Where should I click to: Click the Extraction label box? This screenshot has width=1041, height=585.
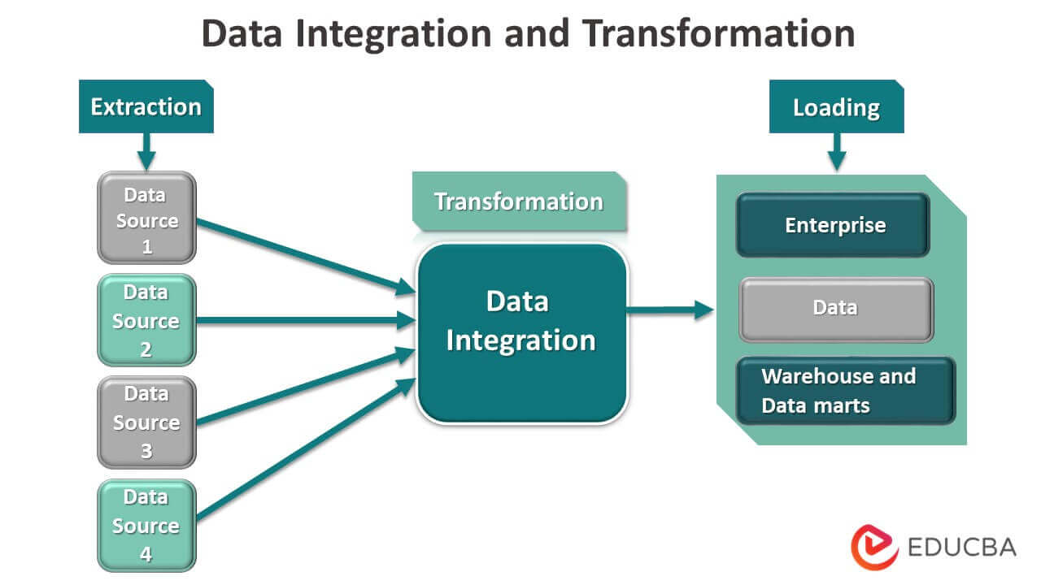146,106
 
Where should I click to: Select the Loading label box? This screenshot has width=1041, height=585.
836,106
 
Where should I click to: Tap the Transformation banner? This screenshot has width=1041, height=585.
519,201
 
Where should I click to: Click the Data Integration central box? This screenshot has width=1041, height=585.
521,333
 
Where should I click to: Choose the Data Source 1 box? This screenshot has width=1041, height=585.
146,218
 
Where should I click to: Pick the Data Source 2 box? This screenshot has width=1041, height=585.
146,320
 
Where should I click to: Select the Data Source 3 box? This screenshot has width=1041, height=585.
146,422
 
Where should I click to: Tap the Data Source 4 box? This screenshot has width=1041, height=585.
146,525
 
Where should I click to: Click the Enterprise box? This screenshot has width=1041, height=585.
833,225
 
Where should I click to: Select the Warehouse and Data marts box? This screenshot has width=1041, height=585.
845,391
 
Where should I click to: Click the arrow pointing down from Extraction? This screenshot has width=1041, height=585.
146,150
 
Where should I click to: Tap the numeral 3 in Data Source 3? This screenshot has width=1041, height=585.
146,451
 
